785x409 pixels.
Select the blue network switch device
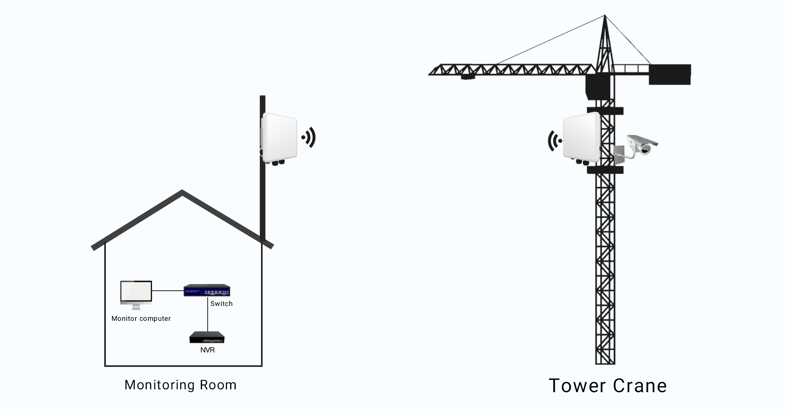[x=207, y=290]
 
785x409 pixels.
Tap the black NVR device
[x=207, y=338]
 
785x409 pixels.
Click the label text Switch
[x=221, y=304]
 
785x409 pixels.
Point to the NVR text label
[x=207, y=350]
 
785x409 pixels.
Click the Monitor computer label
[x=141, y=318]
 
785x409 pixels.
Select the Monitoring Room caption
[x=180, y=385]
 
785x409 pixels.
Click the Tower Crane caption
[x=607, y=386]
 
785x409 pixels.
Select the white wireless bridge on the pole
[x=280, y=138]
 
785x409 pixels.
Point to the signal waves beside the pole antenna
[x=309, y=138]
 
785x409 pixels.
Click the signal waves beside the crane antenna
[x=554, y=141]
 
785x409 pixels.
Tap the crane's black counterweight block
[x=670, y=74]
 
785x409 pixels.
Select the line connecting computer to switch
[x=168, y=290]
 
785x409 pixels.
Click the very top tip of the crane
[x=605, y=16]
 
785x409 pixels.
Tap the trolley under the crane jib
[x=467, y=77]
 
